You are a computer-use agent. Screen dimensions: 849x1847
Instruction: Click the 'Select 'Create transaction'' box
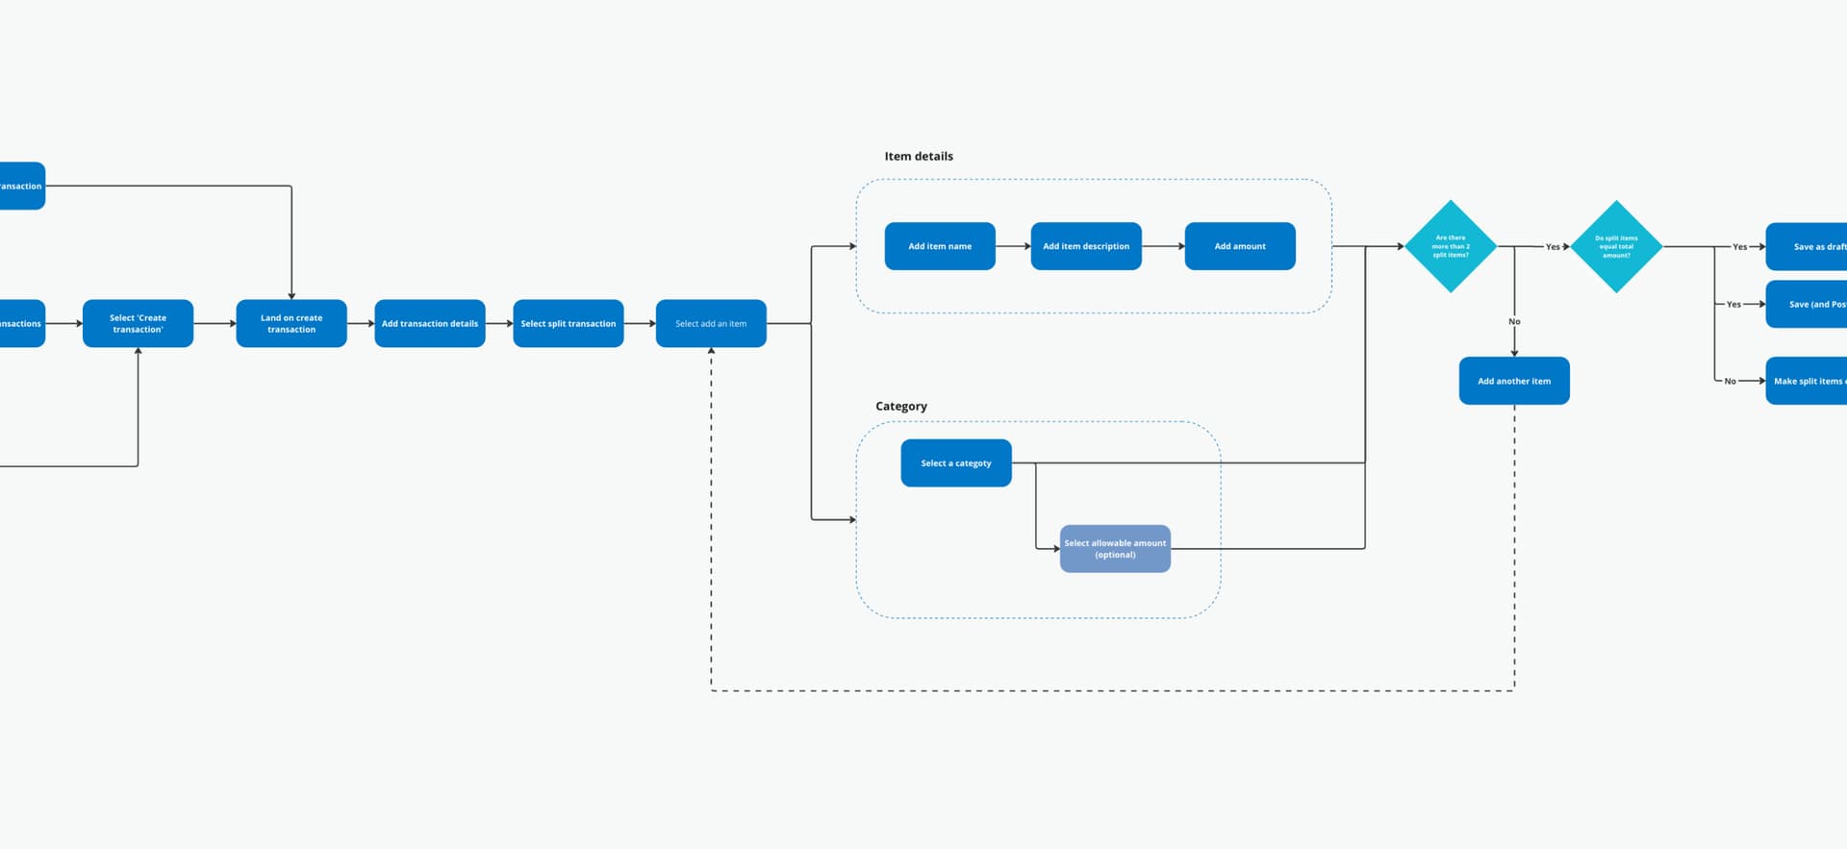138,323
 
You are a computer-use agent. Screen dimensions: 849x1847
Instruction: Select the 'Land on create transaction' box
291,323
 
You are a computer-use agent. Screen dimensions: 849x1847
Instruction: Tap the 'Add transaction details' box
430,323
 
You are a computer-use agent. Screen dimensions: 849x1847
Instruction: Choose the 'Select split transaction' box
569,323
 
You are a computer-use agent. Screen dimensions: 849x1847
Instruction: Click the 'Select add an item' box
711,323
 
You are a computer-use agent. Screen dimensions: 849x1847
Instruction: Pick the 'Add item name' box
940,246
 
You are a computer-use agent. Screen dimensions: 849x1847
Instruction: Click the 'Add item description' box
1086,246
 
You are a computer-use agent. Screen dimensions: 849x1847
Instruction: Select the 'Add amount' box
1240,246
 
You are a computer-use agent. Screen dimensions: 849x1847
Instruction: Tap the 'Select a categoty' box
956,462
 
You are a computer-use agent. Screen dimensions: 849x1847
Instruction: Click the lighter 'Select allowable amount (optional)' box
1115,548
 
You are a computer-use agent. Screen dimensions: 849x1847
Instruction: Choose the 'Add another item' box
1514,381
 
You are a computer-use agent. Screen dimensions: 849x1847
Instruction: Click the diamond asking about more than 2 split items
1451,246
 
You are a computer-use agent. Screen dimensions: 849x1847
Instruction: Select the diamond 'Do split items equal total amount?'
1616,246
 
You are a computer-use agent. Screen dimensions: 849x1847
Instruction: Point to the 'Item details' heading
919,156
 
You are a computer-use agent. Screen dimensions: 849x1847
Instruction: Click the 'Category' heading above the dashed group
901,406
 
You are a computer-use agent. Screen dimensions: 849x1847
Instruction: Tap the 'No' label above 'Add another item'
1514,321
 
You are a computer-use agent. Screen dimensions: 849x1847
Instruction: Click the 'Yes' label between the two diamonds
1553,247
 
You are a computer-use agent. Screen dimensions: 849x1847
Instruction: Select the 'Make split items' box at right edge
1808,381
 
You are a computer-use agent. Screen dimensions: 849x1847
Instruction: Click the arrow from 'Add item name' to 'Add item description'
1013,246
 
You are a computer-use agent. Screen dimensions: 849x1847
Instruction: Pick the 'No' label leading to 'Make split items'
1730,382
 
